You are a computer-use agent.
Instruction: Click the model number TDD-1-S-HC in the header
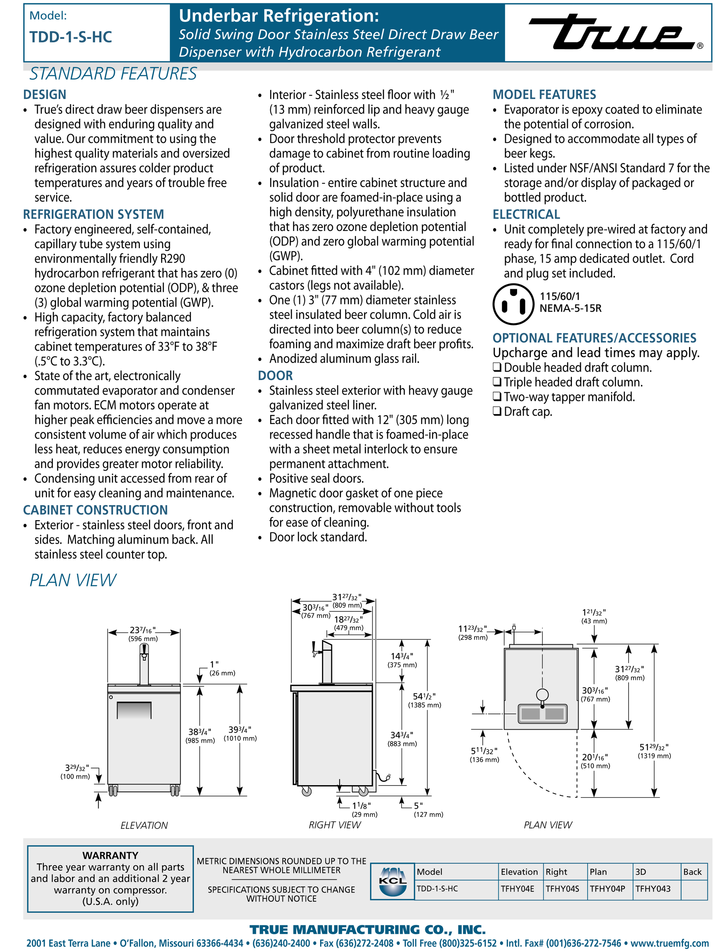point(71,37)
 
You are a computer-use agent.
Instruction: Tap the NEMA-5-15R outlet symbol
point(513,304)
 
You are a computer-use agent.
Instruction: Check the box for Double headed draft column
point(497,367)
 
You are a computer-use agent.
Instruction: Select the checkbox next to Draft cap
point(497,411)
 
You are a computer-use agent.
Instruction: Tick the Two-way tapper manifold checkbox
point(497,397)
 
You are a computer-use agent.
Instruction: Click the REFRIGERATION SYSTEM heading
point(93,214)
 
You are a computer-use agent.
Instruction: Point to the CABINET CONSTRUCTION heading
point(95,510)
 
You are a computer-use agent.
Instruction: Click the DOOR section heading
point(275,376)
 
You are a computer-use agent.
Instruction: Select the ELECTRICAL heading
point(526,214)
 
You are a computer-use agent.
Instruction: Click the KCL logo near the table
point(392,881)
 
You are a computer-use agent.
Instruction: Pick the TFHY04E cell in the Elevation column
point(517,889)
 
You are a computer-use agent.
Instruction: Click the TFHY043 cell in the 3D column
point(653,889)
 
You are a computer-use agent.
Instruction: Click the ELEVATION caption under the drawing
point(144,825)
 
